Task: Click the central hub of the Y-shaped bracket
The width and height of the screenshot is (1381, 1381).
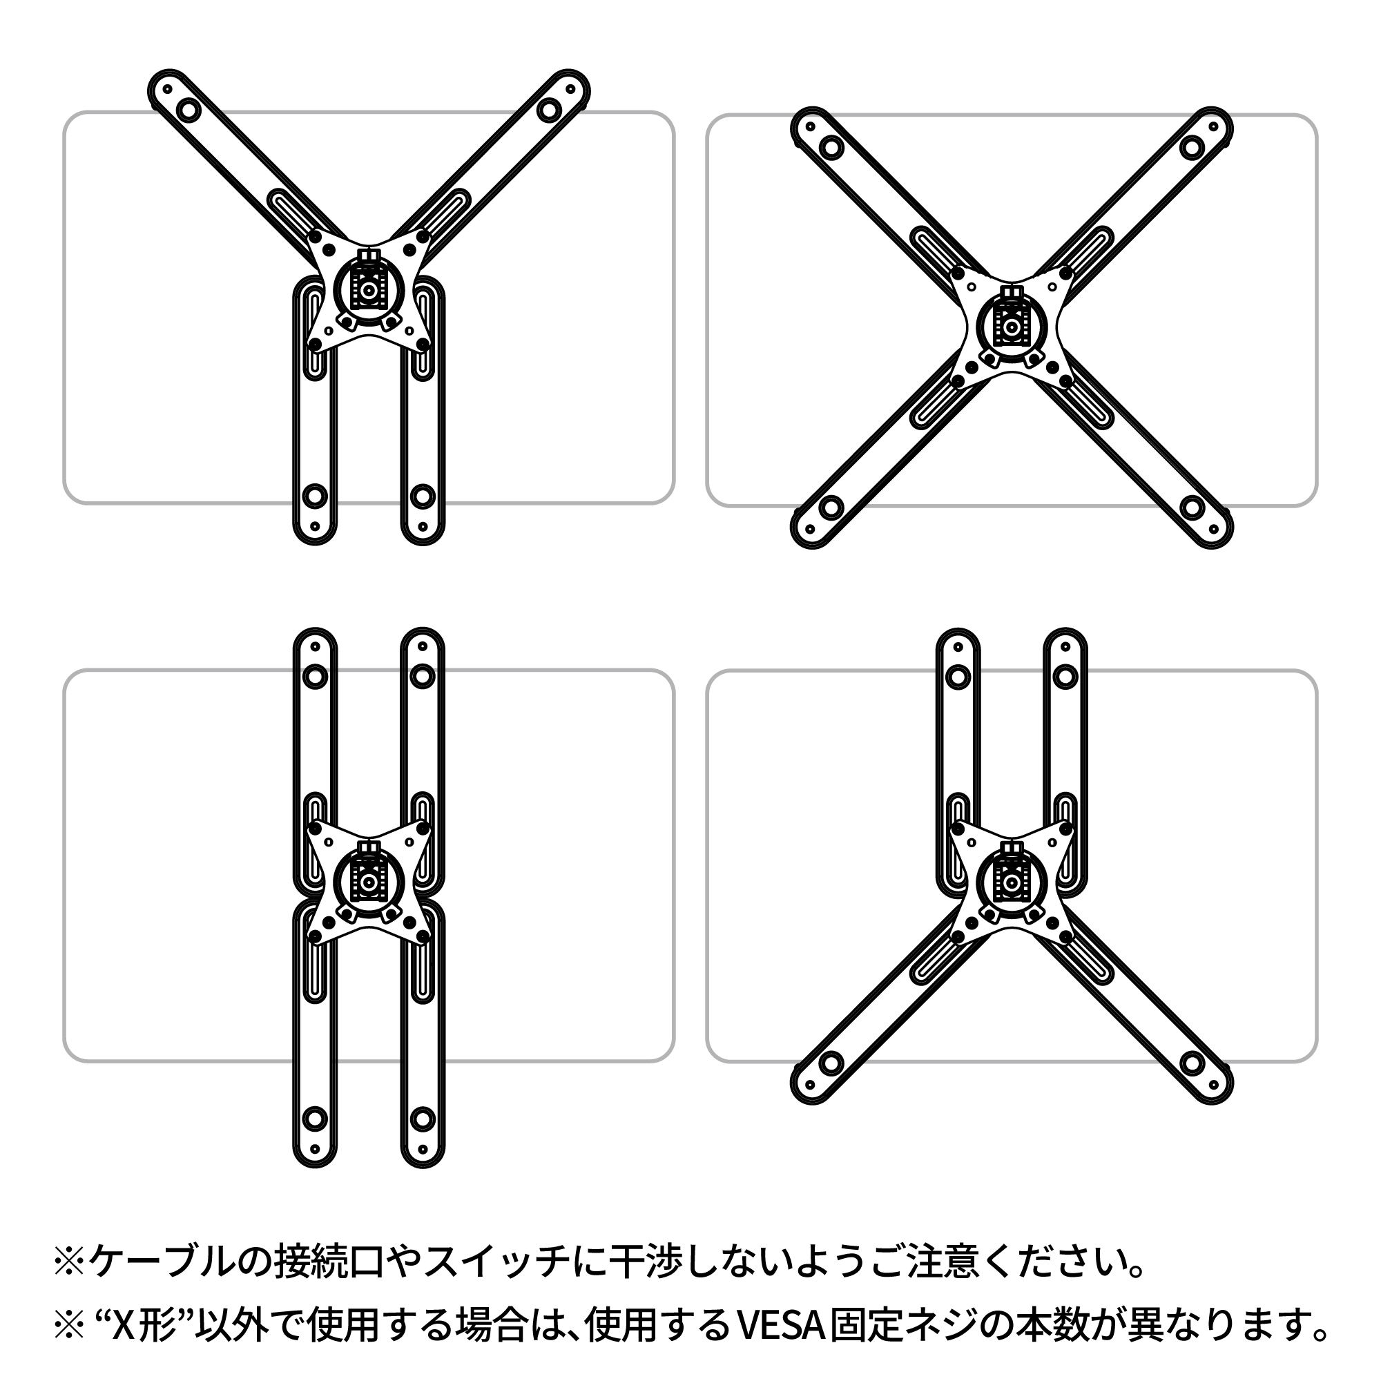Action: click(369, 290)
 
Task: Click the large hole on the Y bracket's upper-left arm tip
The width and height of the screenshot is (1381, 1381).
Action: click(189, 110)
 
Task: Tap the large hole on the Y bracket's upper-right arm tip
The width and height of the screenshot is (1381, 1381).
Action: click(548, 110)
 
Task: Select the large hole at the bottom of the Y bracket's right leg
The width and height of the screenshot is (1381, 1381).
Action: click(423, 494)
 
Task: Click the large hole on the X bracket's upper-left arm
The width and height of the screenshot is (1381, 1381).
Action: click(831, 148)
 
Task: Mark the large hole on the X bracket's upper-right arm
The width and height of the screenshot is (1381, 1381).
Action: click(1192, 148)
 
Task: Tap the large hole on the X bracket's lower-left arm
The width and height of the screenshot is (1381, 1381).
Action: click(831, 508)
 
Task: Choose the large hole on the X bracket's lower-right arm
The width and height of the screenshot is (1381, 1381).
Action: click(1192, 508)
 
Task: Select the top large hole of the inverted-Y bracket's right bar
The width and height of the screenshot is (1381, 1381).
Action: click(1065, 675)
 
